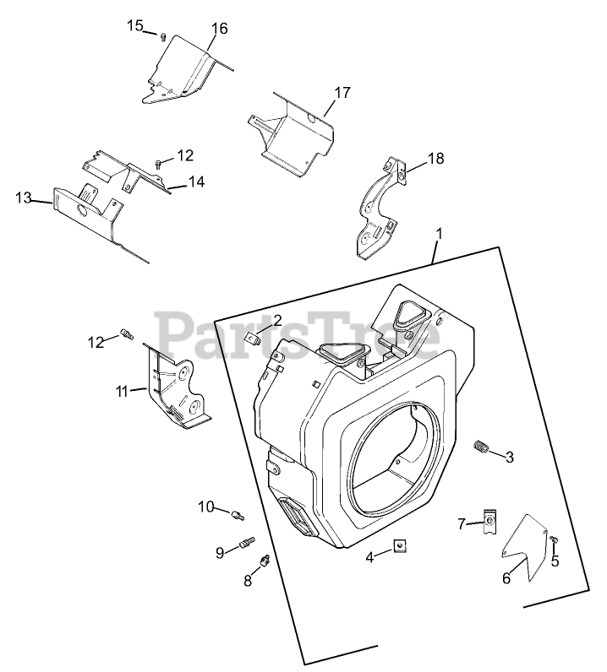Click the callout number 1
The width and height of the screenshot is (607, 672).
coord(439,232)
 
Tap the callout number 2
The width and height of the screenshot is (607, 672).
coord(276,321)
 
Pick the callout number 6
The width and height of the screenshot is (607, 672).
coord(506,578)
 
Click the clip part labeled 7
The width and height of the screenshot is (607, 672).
coord(489,523)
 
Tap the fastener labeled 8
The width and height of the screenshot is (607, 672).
coord(265,560)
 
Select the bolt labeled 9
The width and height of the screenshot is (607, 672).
coord(248,544)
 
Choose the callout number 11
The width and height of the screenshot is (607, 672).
coord(123,391)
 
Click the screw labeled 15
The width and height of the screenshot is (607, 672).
coord(161,35)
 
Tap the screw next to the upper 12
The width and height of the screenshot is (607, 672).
coord(158,163)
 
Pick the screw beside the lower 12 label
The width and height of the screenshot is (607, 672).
coord(127,335)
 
